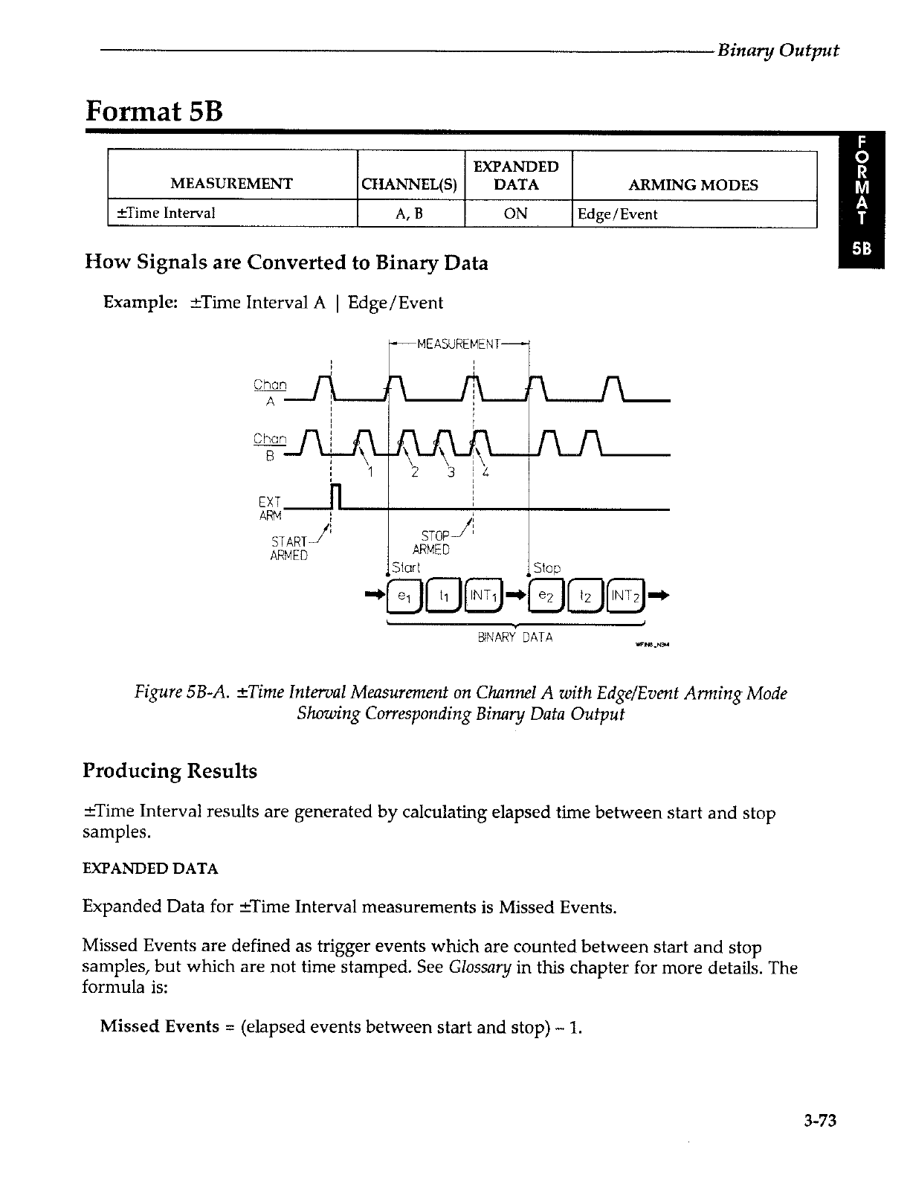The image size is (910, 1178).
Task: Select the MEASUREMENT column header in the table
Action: click(232, 184)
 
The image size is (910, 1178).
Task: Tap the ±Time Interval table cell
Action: click(162, 213)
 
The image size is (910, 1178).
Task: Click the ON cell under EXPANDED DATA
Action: click(516, 214)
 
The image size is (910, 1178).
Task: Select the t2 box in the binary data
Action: click(586, 595)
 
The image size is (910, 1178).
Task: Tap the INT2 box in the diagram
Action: click(626, 595)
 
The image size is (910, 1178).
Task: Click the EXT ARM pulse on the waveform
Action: click(335, 497)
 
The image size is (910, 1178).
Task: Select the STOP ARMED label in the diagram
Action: click(432, 542)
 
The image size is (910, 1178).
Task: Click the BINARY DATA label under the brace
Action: click(515, 637)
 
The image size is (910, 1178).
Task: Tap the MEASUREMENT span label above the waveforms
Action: click(459, 344)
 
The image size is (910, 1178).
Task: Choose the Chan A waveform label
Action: click(270, 393)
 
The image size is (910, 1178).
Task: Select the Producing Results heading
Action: click(170, 771)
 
